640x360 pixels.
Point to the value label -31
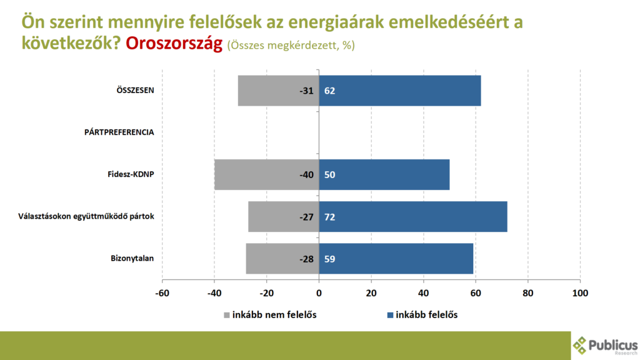306,91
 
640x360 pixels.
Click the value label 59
330,258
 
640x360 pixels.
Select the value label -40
306,174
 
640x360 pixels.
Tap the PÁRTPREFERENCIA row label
119,132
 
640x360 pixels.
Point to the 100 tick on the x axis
580,293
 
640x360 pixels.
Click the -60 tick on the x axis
162,293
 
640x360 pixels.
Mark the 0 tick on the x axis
319,293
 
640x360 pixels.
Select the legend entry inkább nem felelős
274,314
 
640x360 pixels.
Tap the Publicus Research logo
605,345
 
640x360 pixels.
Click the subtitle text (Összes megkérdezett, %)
291,46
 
